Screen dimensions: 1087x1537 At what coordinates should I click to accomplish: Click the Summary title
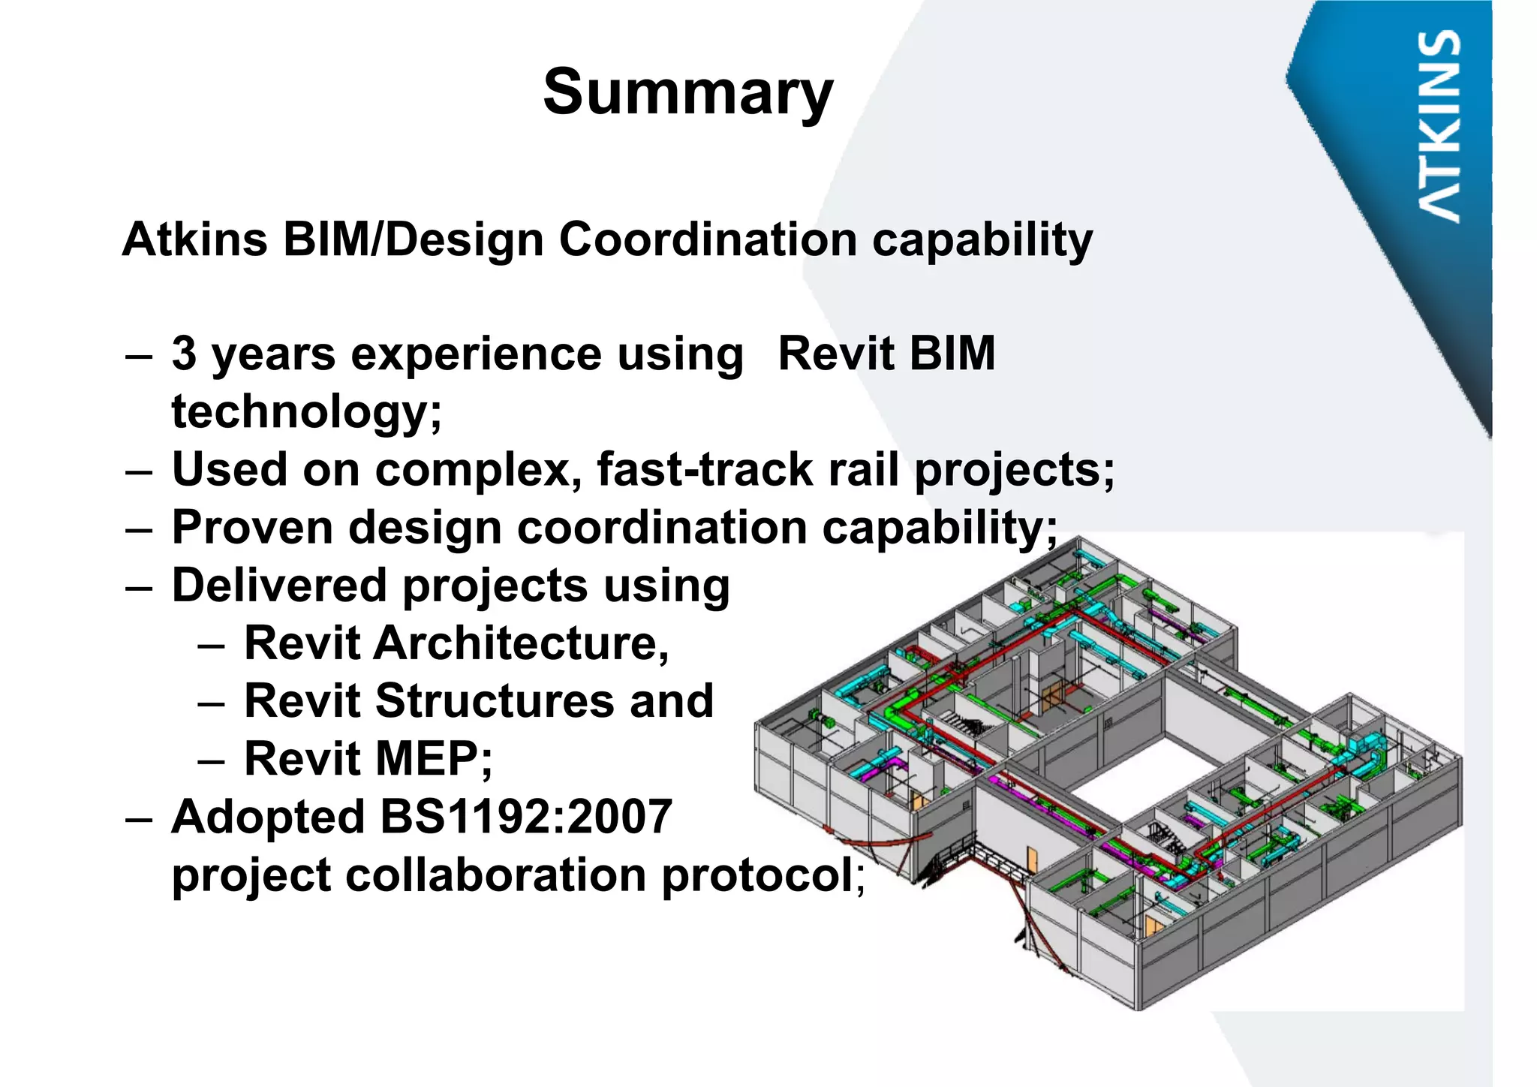tap(687, 92)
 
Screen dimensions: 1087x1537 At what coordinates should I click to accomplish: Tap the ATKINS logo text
tap(1440, 125)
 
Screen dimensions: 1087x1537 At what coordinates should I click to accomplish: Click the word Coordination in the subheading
tap(708, 240)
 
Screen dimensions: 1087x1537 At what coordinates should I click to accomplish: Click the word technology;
tap(307, 412)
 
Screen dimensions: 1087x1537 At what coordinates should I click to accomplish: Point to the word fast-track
tap(705, 470)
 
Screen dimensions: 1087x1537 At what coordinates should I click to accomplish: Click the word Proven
tap(251, 528)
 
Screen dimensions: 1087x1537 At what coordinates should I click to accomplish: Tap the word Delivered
tap(279, 586)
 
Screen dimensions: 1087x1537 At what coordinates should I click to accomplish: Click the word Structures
tap(494, 702)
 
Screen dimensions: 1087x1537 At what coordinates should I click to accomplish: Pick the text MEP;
tap(433, 760)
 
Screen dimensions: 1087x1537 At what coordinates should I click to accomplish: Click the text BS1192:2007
tap(526, 818)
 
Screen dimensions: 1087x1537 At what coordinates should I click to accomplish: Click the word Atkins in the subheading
tap(195, 240)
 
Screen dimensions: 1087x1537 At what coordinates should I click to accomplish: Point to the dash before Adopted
tap(139, 819)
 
